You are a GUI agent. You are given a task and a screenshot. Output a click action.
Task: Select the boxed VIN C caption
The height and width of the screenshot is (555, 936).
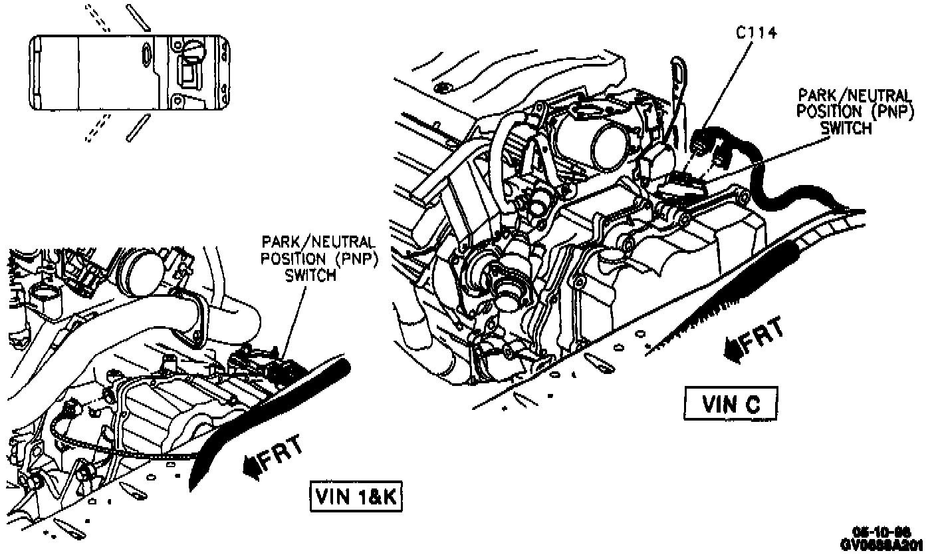731,404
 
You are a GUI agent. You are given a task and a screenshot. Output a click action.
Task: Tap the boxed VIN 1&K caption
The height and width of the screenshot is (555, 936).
356,496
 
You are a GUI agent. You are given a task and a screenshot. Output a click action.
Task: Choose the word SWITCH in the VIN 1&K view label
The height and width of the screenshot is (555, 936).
310,275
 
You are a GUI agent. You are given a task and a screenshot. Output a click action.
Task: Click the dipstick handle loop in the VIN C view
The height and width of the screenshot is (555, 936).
677,73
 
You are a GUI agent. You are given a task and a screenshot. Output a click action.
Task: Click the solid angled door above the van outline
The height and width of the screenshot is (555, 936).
138,18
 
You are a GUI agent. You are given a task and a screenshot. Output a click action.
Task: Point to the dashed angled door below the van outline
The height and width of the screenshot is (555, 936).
97,128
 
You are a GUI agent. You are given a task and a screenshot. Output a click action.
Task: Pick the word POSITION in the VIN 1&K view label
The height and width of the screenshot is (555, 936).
292,258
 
